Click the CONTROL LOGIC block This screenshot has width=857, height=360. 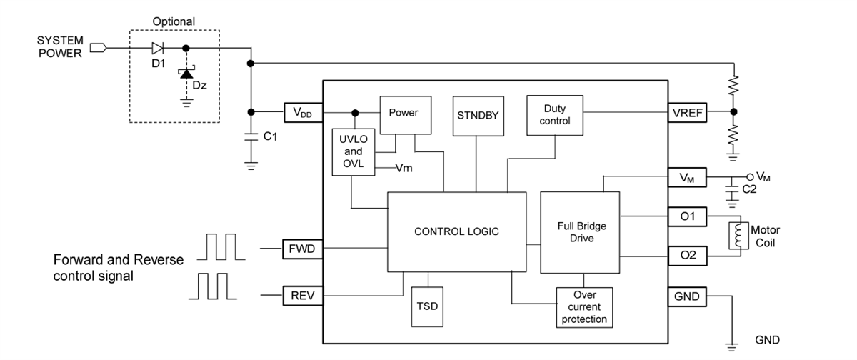click(x=456, y=231)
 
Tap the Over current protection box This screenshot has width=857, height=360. click(x=584, y=307)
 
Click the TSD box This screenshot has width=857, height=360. click(x=428, y=306)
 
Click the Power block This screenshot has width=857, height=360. click(x=404, y=114)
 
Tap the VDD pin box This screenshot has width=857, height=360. click(x=303, y=113)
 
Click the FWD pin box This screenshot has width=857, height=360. click(x=303, y=249)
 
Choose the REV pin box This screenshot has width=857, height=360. click(x=303, y=296)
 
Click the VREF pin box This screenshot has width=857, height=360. click(x=687, y=113)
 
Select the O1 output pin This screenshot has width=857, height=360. click(x=687, y=216)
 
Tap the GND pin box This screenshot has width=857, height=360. click(x=687, y=296)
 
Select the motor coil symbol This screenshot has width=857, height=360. click(x=736, y=236)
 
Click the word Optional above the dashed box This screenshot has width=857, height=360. click(x=174, y=22)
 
